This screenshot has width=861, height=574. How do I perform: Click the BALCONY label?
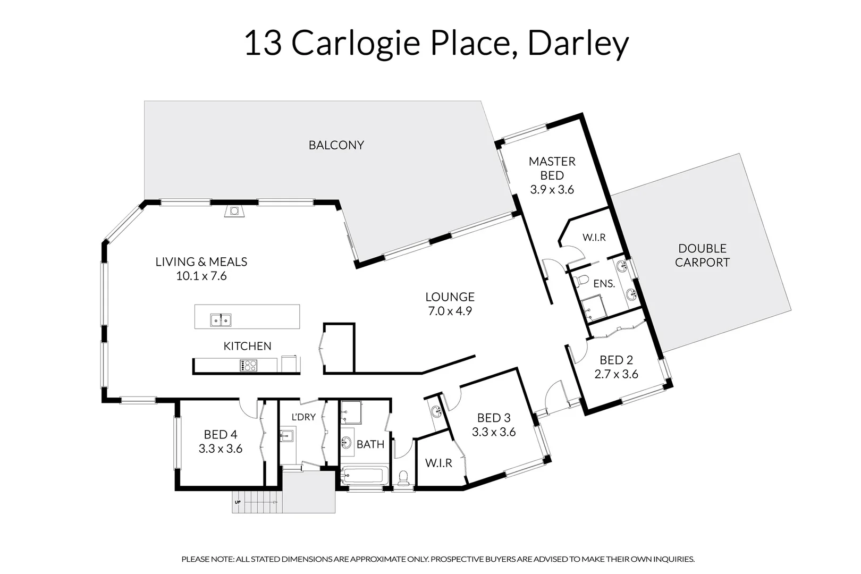coord(336,145)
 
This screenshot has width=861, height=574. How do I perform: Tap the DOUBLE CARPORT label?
coord(702,255)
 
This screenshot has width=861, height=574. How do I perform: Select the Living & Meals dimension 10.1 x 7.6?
coord(201,276)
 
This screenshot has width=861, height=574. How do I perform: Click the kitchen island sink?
coord(221,320)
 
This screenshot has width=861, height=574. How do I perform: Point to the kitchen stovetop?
coord(248,365)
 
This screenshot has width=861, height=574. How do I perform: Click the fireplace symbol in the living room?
coord(234,211)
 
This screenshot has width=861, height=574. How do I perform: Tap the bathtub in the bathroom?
coord(365,475)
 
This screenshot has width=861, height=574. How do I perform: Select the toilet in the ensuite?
coord(583,279)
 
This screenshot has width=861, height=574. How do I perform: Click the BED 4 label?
coord(220,435)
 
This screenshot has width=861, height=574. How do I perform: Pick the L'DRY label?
coord(303,417)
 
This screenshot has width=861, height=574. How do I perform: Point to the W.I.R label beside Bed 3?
coord(438,463)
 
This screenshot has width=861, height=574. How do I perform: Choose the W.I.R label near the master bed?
coord(594,238)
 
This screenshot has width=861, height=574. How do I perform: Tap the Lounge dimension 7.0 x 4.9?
coord(450,311)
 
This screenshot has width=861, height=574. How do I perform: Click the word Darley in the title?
coord(578,43)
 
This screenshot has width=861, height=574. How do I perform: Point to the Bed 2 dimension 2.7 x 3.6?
coord(616,374)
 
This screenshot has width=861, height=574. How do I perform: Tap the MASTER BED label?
coord(552,168)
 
